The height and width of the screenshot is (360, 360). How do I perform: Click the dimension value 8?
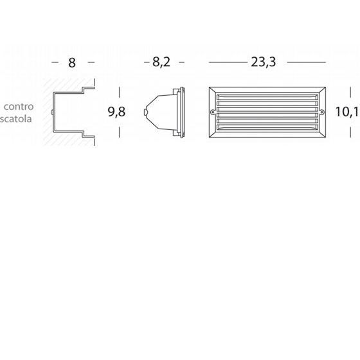pos(72,63)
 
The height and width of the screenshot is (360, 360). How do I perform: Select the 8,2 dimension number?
pos(161,62)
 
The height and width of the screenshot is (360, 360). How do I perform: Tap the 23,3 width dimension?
pos(263,62)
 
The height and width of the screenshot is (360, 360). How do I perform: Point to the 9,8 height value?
pos(116,112)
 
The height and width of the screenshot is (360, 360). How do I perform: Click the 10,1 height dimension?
pos(347,112)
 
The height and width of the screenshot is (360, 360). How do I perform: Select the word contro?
pos(19,107)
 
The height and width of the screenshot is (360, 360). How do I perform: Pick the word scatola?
pos(16,119)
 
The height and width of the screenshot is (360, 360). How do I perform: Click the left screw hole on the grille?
pos(213,113)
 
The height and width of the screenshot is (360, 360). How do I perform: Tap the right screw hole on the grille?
pos(322,113)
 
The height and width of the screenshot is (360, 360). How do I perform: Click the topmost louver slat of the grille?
pos(267,97)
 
